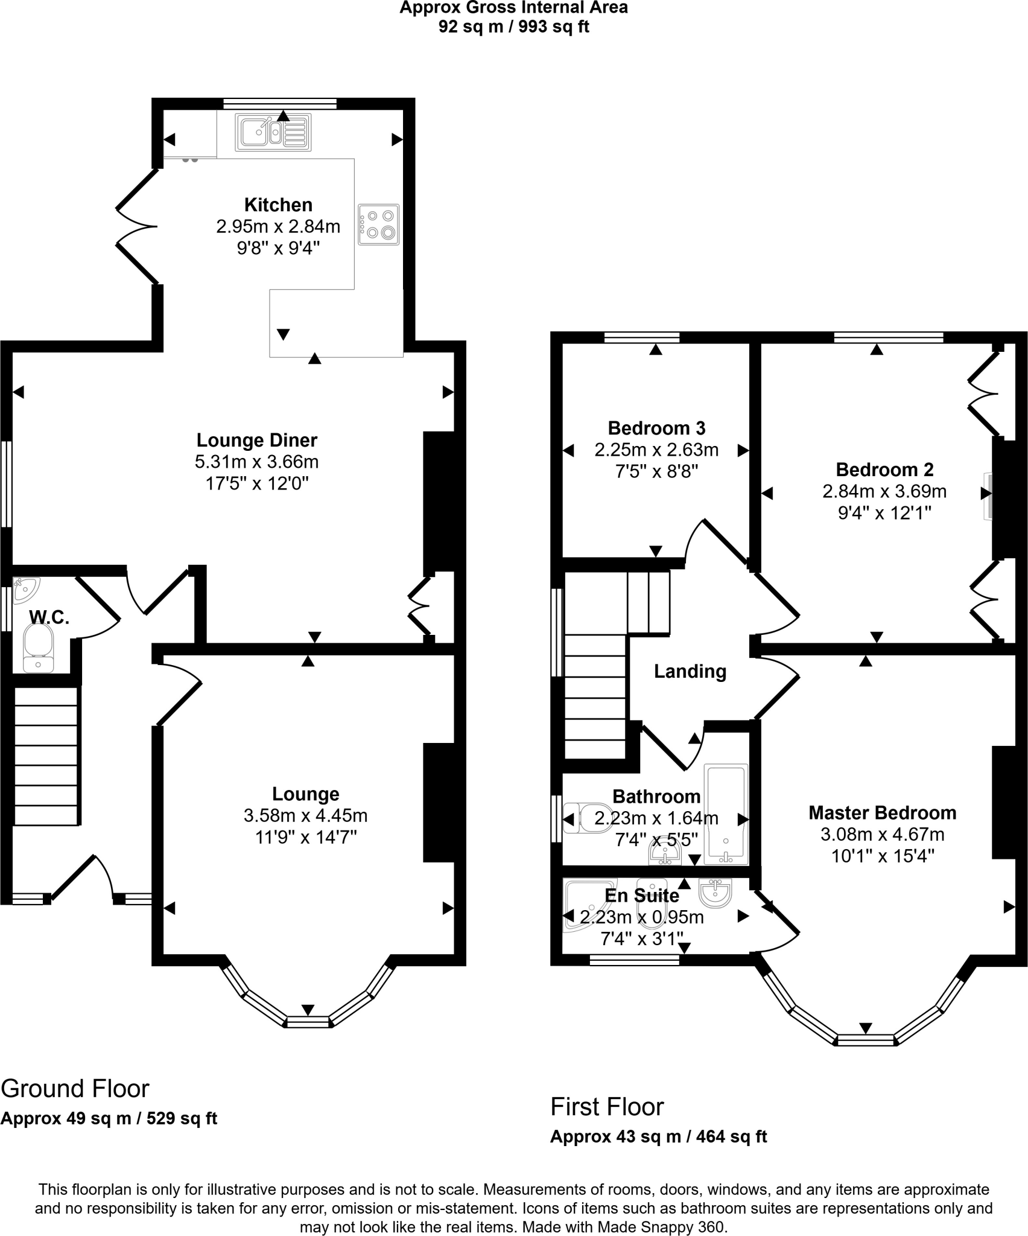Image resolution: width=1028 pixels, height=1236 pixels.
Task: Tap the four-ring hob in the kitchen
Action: [378, 225]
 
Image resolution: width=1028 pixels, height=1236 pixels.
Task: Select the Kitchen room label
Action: [278, 205]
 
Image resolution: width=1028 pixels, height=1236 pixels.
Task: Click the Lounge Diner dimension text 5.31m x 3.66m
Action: [256, 462]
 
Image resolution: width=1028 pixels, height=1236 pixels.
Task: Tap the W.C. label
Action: [49, 617]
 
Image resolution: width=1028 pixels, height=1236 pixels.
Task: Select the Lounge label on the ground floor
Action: [305, 794]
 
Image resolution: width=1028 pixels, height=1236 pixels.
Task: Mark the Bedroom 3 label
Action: [656, 428]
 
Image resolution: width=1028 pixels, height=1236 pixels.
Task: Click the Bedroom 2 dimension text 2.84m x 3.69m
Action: [884, 491]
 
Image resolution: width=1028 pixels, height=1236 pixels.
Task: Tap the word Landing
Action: [690, 671]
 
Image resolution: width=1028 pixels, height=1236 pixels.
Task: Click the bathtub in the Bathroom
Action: [726, 814]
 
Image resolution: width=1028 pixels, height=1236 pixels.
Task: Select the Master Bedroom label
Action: [882, 813]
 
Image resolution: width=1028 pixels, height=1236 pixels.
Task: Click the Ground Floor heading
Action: [75, 1089]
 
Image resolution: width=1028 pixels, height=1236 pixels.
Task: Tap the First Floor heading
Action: [607, 1107]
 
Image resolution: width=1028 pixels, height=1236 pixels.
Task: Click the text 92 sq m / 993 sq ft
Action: [513, 27]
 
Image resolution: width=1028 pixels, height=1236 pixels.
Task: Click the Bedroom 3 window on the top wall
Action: [642, 338]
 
